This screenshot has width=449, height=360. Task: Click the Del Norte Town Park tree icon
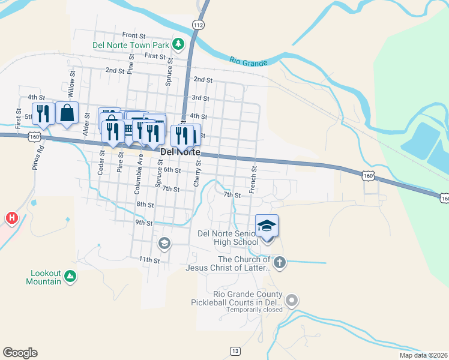[x=178, y=44]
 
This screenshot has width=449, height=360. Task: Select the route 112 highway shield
[x=199, y=24]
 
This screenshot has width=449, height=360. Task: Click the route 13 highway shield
[x=235, y=350]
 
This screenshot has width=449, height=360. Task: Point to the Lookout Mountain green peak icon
[x=71, y=276]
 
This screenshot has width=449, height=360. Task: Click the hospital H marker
[x=11, y=218]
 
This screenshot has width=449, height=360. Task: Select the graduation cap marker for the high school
[x=267, y=226]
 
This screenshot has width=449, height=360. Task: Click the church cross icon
[x=279, y=262]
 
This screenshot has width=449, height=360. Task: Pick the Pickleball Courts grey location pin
[x=292, y=299]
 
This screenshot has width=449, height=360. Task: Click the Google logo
[x=20, y=353]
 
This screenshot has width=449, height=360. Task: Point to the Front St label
[x=134, y=35]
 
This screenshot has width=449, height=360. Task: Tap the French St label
[x=253, y=178]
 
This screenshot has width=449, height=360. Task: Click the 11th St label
[x=149, y=260]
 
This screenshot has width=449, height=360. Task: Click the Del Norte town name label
[x=180, y=152]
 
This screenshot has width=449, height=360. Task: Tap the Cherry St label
[x=197, y=176]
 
